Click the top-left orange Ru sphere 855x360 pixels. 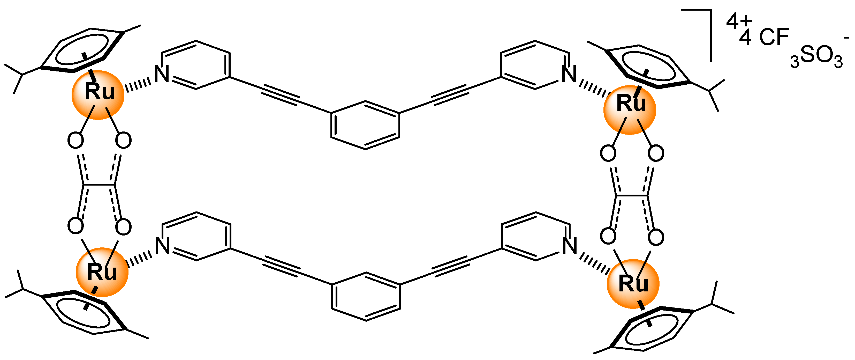click(x=98, y=95)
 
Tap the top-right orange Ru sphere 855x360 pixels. click(x=630, y=109)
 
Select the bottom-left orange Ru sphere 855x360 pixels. click(x=102, y=272)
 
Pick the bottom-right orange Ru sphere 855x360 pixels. click(x=633, y=284)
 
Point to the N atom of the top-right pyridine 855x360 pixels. click(x=569, y=74)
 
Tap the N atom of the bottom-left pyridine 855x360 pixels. click(x=163, y=246)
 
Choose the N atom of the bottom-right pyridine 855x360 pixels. click(x=570, y=246)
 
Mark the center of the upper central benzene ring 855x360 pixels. click(x=365, y=125)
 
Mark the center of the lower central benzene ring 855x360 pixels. click(x=366, y=297)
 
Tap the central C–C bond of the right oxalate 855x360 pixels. click(x=632, y=196)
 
